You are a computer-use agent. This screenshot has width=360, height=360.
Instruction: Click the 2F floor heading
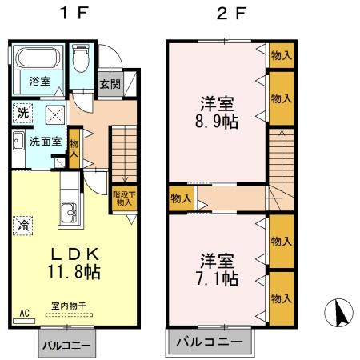click(x=228, y=14)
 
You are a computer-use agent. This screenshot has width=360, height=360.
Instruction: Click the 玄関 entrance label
click(x=109, y=83)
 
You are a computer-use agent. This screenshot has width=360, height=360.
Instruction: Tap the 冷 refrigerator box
click(x=22, y=225)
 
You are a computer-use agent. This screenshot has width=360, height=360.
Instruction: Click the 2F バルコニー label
click(x=210, y=342)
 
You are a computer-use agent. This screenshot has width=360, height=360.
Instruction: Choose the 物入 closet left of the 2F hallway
click(x=181, y=197)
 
